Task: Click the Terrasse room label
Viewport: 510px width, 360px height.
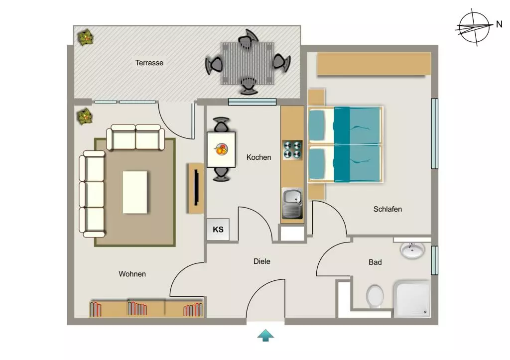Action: [x=149, y=62]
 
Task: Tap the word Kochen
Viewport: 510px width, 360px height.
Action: [x=258, y=157]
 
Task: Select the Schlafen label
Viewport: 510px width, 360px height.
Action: [x=387, y=209]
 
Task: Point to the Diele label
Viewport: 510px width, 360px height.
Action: [x=262, y=261]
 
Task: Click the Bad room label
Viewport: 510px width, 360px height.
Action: [x=375, y=262]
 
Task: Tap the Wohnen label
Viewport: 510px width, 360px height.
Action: [x=132, y=274]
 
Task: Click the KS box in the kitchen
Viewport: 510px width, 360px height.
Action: [x=218, y=229]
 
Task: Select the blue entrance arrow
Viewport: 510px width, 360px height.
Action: [x=266, y=335]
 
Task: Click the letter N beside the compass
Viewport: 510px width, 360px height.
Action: [x=499, y=24]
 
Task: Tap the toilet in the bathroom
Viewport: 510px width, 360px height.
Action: [x=375, y=296]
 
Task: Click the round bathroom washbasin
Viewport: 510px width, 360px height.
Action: [x=412, y=250]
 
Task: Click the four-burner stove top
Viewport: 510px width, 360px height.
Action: [x=292, y=150]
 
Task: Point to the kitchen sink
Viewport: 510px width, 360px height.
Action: [x=292, y=203]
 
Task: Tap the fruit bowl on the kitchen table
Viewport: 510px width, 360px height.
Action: [x=221, y=149]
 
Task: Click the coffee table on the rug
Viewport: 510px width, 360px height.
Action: [x=135, y=192]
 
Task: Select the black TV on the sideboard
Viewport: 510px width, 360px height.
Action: [x=196, y=187]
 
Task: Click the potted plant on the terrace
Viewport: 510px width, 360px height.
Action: [x=86, y=38]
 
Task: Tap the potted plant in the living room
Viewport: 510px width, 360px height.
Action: [x=85, y=117]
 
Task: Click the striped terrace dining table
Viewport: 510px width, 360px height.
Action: [x=248, y=63]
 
